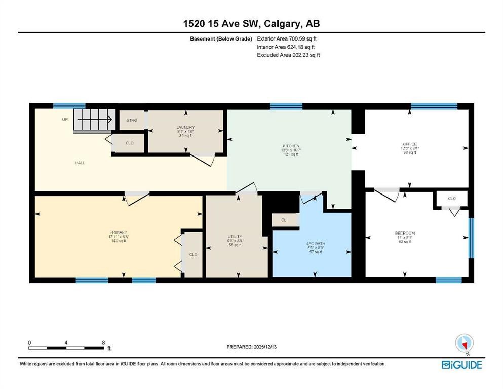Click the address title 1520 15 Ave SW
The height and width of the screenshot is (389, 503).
click(251, 23)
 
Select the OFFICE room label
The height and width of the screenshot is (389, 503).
click(409, 144)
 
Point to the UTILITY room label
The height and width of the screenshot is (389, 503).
click(235, 236)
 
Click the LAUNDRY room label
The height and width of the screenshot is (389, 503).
click(185, 127)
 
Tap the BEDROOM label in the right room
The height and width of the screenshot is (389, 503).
click(405, 234)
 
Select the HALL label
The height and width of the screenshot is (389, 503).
click(80, 163)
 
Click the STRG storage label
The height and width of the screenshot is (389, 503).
click(132, 121)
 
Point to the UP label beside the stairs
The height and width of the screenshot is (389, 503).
click(65, 120)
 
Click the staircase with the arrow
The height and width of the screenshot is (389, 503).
click(94, 121)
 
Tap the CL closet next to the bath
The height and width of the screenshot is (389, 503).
click(284, 220)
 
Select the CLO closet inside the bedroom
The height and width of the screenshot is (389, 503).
click(452, 199)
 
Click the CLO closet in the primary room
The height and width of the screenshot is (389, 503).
click(193, 254)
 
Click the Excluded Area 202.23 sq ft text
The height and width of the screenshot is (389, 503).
click(288, 55)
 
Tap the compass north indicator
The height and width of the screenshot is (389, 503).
click(464, 344)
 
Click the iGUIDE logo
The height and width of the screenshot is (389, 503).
click(461, 365)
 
